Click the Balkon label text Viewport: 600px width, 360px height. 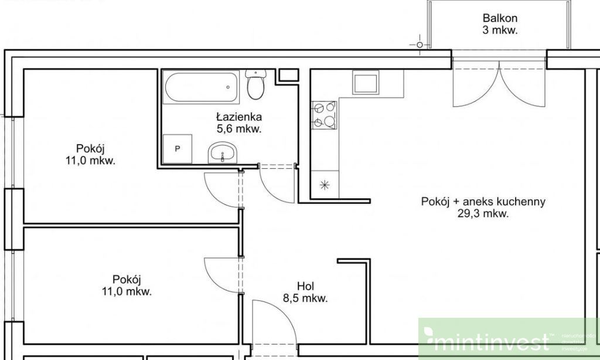pos(500,18)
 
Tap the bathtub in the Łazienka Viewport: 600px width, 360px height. pos(201,87)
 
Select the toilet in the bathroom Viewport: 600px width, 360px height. pos(255,86)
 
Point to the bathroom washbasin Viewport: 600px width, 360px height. pos(222,153)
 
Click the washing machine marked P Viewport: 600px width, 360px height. pos(178,149)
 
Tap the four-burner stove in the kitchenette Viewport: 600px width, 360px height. pos(324,114)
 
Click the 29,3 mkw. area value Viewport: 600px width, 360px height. pos(483,214)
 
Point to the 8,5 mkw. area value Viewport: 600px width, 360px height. pos(305,298)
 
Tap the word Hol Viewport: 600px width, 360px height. pos(305,286)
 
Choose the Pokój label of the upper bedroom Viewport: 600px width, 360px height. pos(90,148)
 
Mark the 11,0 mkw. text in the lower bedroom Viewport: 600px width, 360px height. pos(127,291)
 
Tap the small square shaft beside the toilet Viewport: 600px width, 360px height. pos(287,74)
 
